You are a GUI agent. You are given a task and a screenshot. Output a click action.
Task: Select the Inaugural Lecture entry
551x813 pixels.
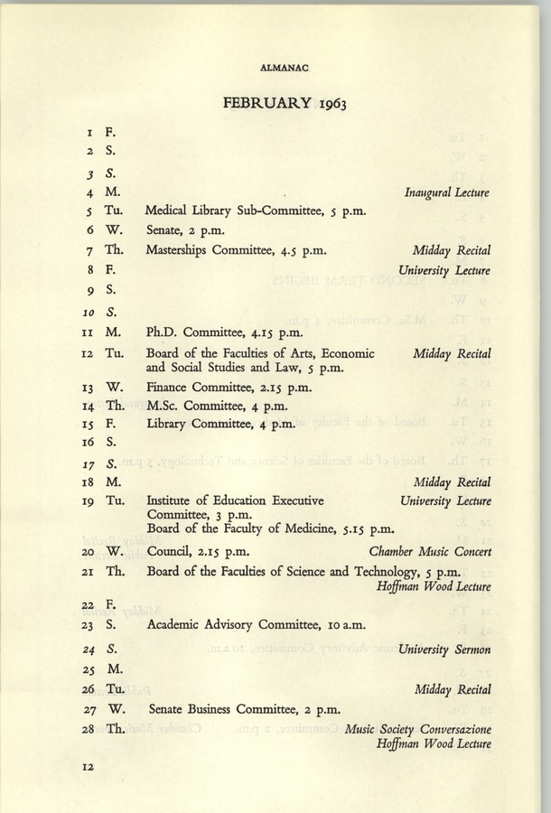click(x=447, y=192)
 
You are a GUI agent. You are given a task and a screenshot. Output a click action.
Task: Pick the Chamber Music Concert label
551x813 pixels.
click(x=430, y=551)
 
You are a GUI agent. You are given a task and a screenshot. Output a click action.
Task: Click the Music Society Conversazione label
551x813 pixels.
click(x=418, y=729)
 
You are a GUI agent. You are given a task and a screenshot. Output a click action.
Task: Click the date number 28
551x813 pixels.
click(x=89, y=729)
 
